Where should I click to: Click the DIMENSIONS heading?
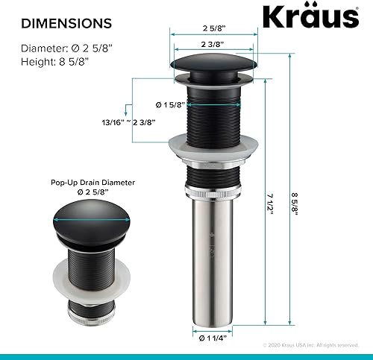point(66,24)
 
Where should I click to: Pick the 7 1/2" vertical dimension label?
point(271,202)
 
